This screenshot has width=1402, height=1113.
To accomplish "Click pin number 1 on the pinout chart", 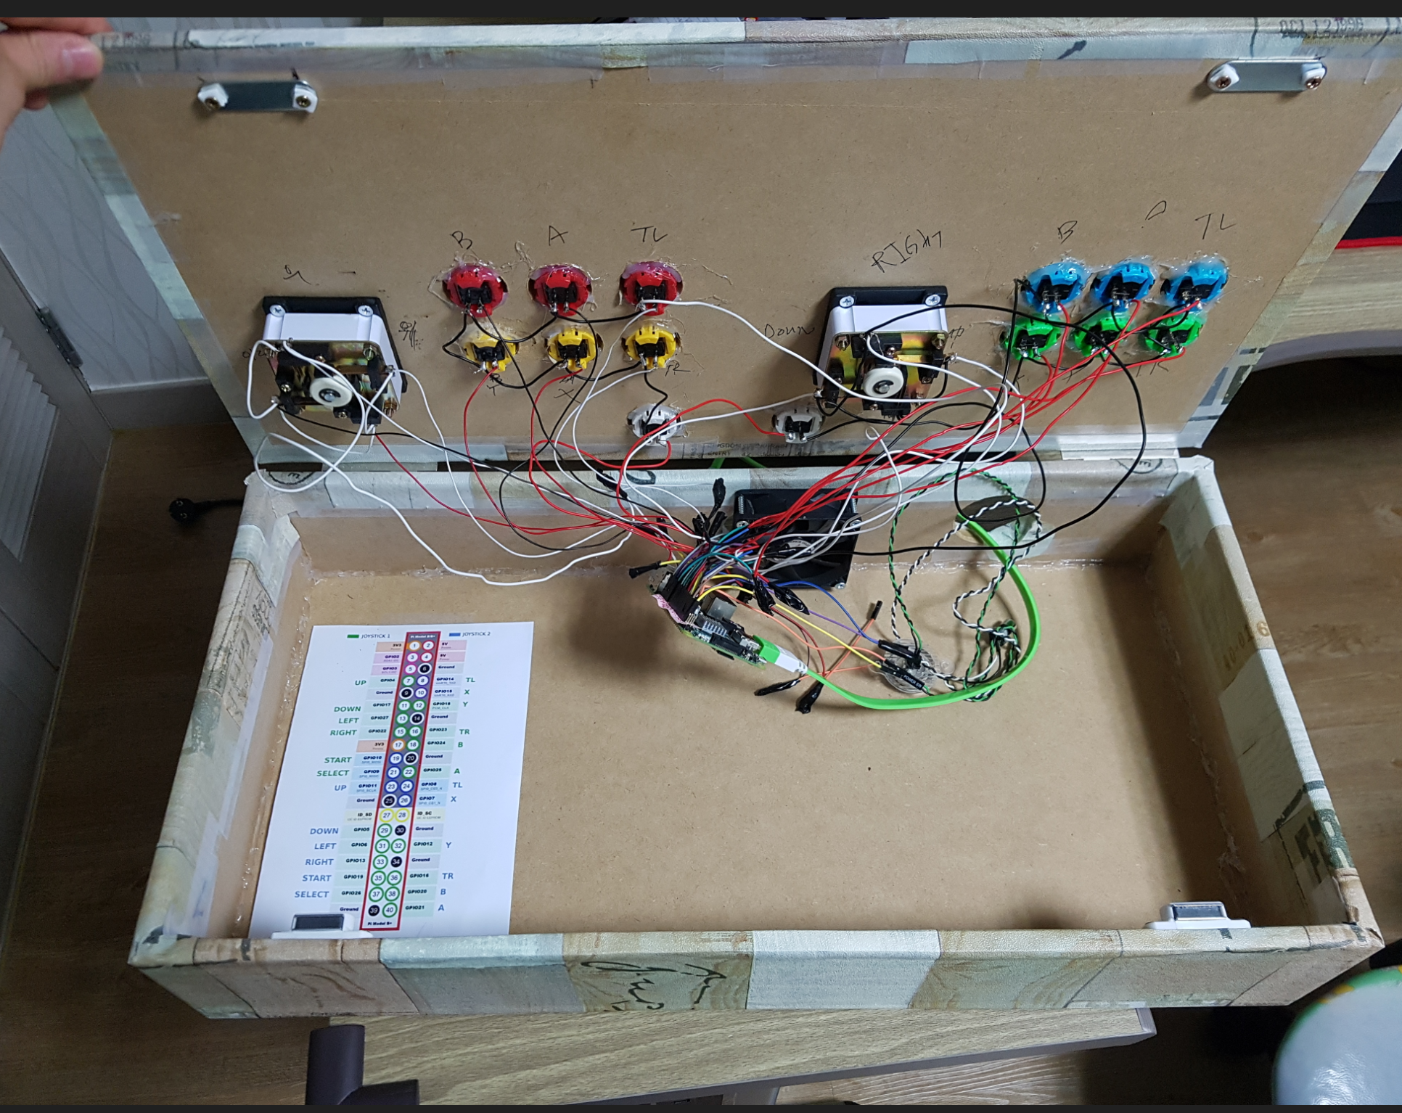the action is click(412, 646).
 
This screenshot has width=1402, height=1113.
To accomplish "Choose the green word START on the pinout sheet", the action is click(337, 760).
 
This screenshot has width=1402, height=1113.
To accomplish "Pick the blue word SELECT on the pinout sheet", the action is click(311, 894).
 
